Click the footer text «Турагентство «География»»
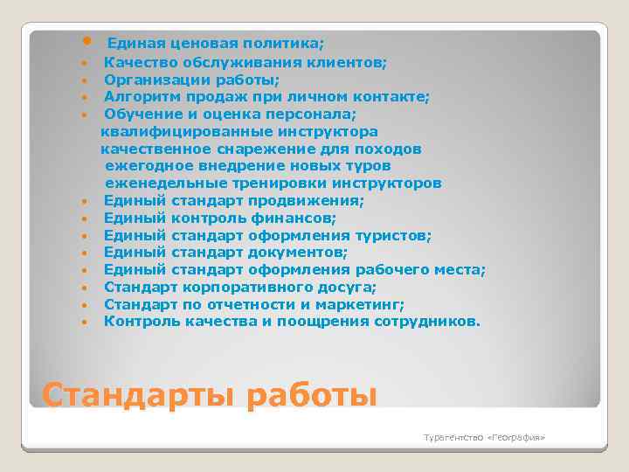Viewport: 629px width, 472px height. pos(484,435)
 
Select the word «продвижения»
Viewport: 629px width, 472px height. pos(315,200)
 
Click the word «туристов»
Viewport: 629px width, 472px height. pos(393,235)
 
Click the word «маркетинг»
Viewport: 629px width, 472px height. pos(363,304)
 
